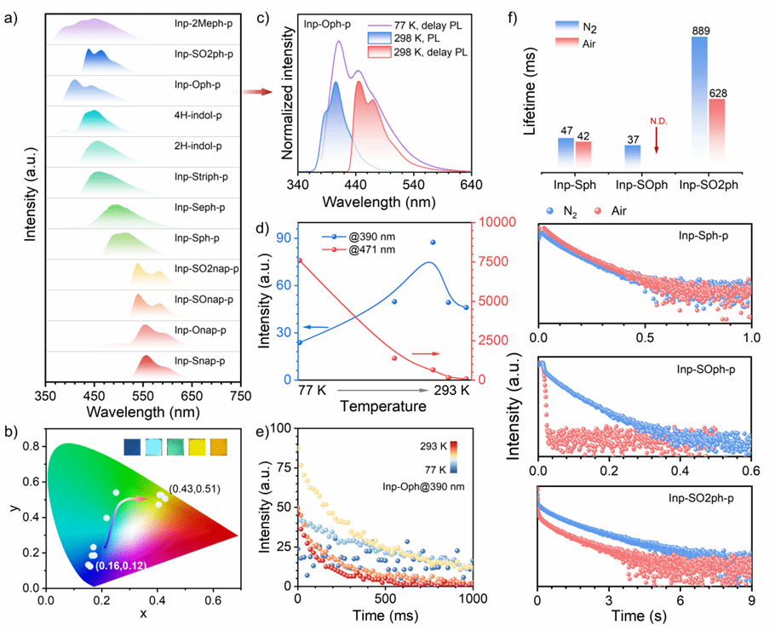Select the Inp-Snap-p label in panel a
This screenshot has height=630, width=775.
tap(199, 361)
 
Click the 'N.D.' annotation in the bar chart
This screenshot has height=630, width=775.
tap(657, 121)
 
